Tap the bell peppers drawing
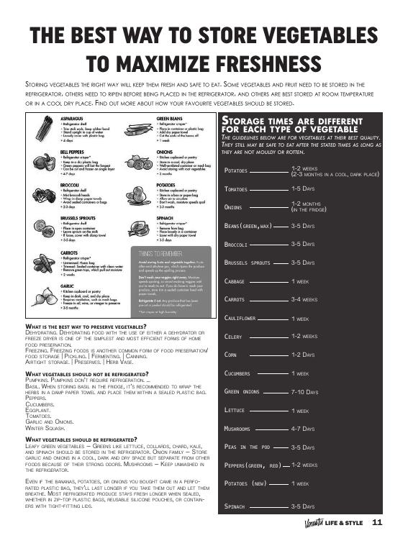point(45,163)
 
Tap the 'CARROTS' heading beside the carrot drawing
point(70,254)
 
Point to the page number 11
point(376,523)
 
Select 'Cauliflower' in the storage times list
point(242,318)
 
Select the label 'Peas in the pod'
point(247,447)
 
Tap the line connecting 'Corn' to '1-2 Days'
point(265,355)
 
